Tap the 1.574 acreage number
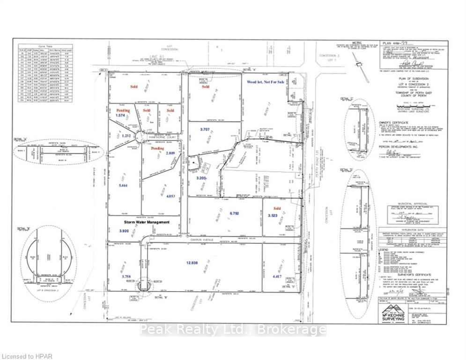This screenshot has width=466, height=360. (121, 115)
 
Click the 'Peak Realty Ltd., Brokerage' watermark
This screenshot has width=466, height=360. (233, 330)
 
